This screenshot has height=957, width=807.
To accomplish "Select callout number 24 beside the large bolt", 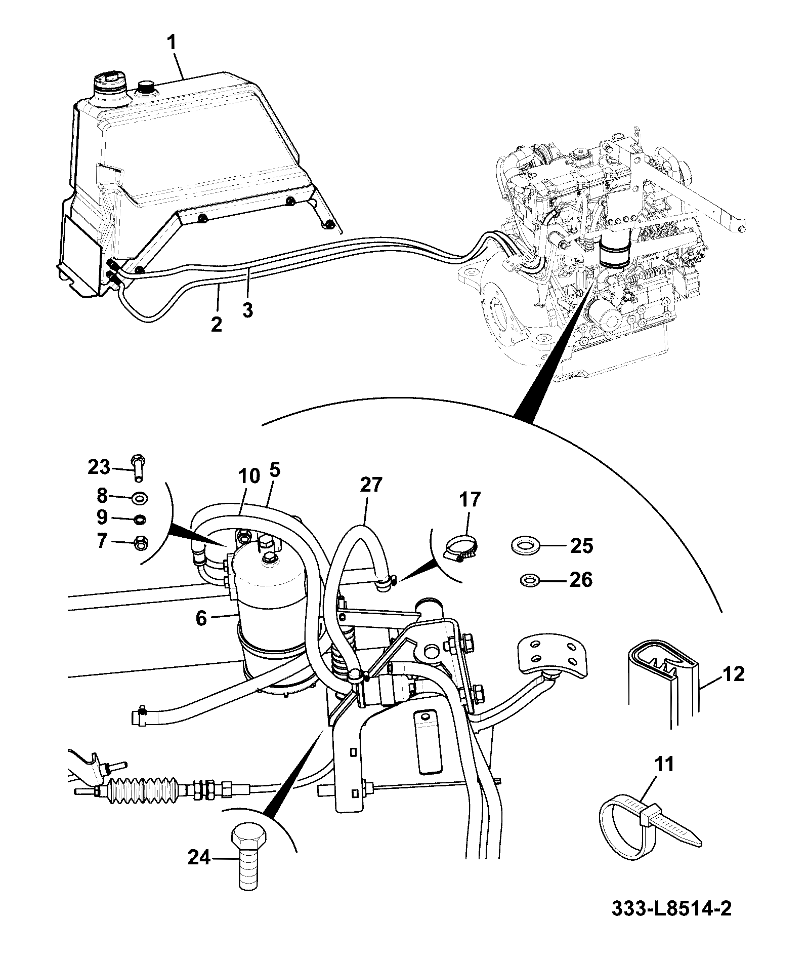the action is pyautogui.click(x=199, y=857).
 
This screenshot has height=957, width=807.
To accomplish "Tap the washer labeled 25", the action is pyautogui.click(x=525, y=546).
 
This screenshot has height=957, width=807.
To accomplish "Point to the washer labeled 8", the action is pyautogui.click(x=139, y=499).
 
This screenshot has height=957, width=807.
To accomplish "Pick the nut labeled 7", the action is pyautogui.click(x=139, y=543).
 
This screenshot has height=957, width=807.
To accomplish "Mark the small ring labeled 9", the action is pyautogui.click(x=140, y=519).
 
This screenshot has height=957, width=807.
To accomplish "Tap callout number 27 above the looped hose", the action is pyautogui.click(x=372, y=485).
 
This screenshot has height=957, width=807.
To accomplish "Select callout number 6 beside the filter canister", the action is pyautogui.click(x=201, y=618).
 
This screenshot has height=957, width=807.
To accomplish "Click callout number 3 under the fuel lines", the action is pyautogui.click(x=247, y=309).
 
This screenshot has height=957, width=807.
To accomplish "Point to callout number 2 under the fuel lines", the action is pyautogui.click(x=216, y=324).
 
